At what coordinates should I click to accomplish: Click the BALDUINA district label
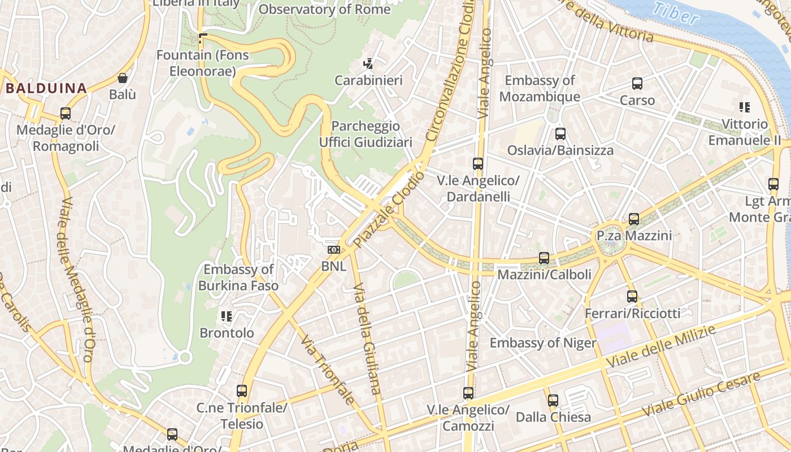(46, 88)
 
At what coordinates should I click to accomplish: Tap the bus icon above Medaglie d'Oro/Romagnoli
(66, 114)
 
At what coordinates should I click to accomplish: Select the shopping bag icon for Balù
(123, 78)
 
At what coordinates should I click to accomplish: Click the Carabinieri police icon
(368, 64)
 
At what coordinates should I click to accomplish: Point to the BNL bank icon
(334, 249)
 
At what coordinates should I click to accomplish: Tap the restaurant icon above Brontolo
(227, 316)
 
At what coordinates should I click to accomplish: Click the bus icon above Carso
(637, 84)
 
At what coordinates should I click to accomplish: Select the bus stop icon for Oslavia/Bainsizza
(560, 134)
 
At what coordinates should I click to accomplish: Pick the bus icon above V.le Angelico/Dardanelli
(478, 164)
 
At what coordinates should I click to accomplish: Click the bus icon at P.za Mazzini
(634, 219)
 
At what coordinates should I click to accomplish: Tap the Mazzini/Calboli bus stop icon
(544, 258)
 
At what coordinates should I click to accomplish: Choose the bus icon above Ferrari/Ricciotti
(632, 296)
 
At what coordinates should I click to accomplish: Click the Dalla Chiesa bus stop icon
(553, 401)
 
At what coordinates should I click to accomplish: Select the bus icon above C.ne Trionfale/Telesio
(242, 390)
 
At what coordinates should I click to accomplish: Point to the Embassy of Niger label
(542, 342)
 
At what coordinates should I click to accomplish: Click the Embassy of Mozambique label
(540, 89)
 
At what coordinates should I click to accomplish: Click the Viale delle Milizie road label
(660, 346)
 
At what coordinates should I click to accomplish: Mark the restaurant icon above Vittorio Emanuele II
(744, 107)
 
